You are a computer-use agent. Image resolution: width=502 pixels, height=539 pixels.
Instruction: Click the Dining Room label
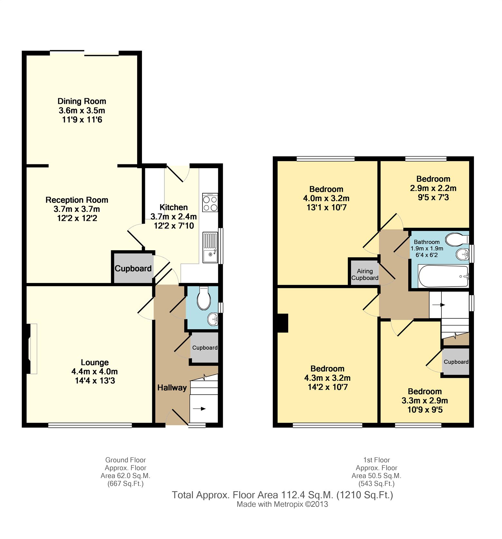[82, 101]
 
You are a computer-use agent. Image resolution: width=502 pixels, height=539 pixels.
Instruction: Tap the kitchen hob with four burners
[210, 203]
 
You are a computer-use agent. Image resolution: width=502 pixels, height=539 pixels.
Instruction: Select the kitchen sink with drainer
[210, 247]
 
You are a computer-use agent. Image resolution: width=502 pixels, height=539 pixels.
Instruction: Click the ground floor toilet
[204, 298]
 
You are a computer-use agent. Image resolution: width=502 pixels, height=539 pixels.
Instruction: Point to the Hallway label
[172, 388]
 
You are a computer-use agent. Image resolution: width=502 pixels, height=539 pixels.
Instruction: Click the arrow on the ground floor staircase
[199, 408]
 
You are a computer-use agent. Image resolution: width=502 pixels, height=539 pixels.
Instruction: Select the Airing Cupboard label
[365, 274]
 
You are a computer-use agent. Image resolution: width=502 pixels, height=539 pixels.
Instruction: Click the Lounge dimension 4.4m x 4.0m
[94, 371]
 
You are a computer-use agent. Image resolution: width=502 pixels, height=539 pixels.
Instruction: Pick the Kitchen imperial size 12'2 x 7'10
[174, 226]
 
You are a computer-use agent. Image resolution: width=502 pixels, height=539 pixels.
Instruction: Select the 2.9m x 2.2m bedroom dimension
[433, 188]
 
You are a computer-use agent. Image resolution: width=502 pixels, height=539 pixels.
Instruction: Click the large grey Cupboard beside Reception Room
[133, 268]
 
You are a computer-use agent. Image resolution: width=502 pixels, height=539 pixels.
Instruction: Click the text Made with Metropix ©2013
[282, 504]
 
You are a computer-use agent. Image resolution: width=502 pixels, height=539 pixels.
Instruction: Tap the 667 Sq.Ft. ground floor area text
[126, 484]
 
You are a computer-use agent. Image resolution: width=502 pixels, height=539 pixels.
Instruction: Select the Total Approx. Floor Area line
[282, 495]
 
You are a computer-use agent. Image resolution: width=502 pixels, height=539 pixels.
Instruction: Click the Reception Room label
[77, 200]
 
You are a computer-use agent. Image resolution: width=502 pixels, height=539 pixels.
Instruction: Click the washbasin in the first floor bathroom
[462, 254]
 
